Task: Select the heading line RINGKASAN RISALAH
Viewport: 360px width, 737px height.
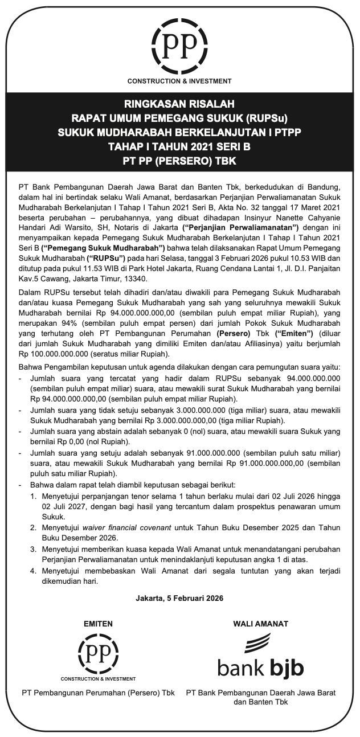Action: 179,104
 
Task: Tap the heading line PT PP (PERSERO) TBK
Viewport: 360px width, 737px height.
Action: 179,161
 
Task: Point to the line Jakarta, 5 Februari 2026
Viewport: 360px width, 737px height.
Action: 179,599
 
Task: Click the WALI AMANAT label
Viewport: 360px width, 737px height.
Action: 260,624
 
